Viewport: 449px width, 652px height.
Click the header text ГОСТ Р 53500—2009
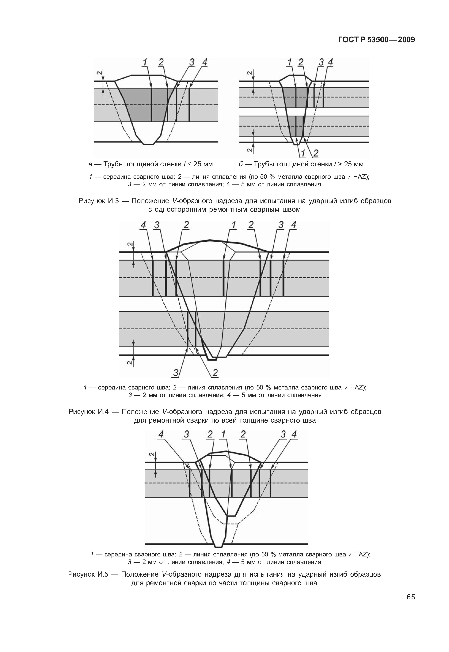pos(376,40)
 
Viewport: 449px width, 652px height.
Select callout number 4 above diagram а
pos(204,62)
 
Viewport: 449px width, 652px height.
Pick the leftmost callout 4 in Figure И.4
pos(143,225)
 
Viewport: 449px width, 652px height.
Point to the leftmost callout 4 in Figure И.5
pos(161,434)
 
